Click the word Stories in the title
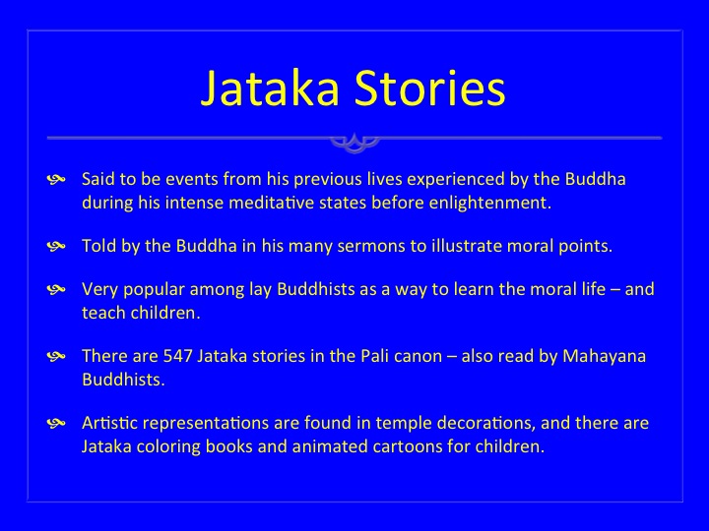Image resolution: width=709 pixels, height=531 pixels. (x=429, y=88)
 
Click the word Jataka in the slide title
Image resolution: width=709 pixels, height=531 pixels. (x=270, y=88)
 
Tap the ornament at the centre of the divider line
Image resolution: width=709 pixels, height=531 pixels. (x=354, y=142)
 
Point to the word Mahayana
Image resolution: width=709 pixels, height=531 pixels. (x=604, y=357)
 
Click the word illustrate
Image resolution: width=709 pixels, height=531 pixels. (x=467, y=246)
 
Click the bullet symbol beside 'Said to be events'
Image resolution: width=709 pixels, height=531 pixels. (x=56, y=180)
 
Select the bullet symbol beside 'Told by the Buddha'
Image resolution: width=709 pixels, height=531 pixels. (x=56, y=247)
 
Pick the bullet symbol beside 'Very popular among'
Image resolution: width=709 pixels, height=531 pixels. (x=56, y=290)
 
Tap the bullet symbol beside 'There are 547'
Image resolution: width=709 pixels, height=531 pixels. (x=56, y=357)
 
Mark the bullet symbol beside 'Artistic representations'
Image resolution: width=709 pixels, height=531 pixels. (x=56, y=424)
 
